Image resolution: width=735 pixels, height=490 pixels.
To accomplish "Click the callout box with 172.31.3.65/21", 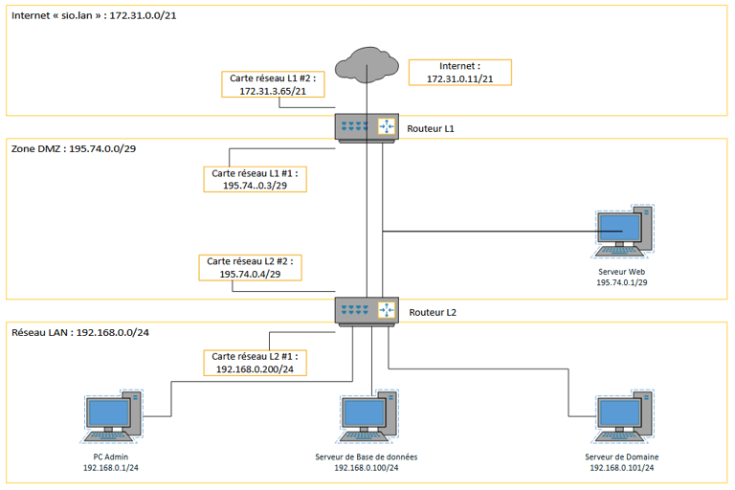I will pyautogui.click(x=273, y=84).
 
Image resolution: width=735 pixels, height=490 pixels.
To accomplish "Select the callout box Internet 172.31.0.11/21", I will pyautogui.click(x=459, y=72).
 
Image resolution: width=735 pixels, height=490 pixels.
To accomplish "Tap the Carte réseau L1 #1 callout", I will pyautogui.click(x=255, y=179).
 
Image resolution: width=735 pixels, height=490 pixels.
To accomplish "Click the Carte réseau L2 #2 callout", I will pyautogui.click(x=248, y=267).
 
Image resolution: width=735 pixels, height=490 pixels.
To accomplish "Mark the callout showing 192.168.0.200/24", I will pyautogui.click(x=255, y=362).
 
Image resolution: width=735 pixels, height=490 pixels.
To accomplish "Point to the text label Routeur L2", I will pyautogui.click(x=432, y=312).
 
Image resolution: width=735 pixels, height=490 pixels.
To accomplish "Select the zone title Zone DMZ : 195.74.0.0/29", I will pyautogui.click(x=74, y=150).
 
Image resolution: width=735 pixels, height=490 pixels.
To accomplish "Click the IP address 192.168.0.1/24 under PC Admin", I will pyautogui.click(x=110, y=468).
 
